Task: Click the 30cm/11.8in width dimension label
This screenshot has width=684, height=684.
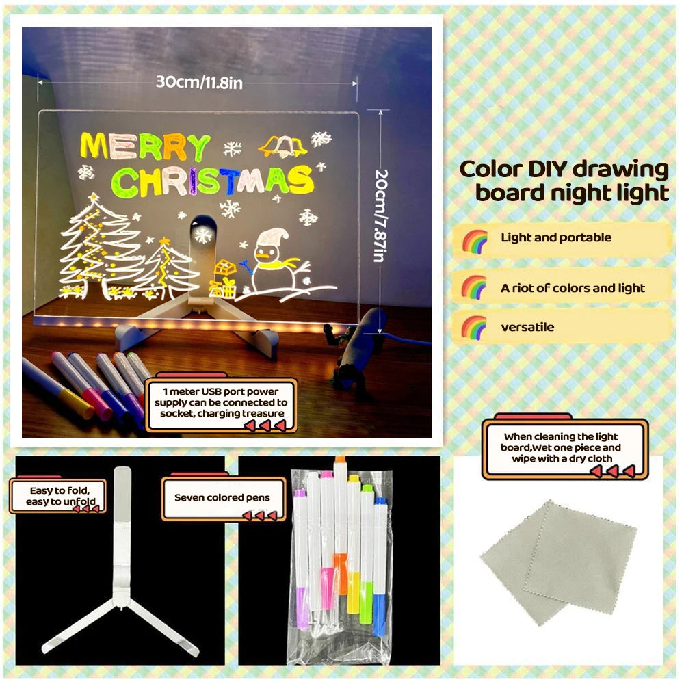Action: click(199, 82)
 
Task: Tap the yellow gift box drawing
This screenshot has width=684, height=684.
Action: click(224, 277)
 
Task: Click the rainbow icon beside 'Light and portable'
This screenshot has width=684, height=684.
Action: click(475, 240)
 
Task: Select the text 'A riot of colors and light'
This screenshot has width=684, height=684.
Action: click(573, 288)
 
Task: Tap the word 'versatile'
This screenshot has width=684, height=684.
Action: click(527, 327)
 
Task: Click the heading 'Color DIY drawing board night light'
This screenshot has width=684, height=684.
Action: click(564, 181)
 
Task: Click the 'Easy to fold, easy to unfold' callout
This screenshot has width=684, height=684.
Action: click(57, 497)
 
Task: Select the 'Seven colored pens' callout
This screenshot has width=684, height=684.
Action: click(222, 497)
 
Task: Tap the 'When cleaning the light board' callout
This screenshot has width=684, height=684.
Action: click(565, 447)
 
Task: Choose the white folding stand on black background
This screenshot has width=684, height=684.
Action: click(121, 575)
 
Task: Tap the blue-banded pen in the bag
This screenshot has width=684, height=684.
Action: click(380, 602)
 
